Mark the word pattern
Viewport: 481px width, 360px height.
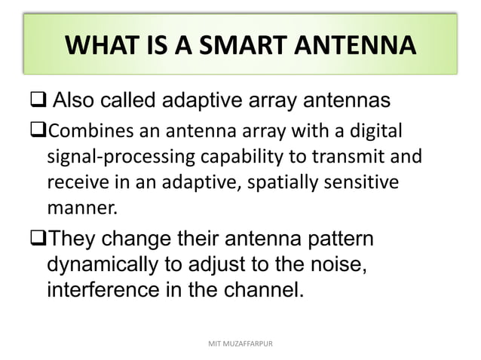(339, 243)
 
